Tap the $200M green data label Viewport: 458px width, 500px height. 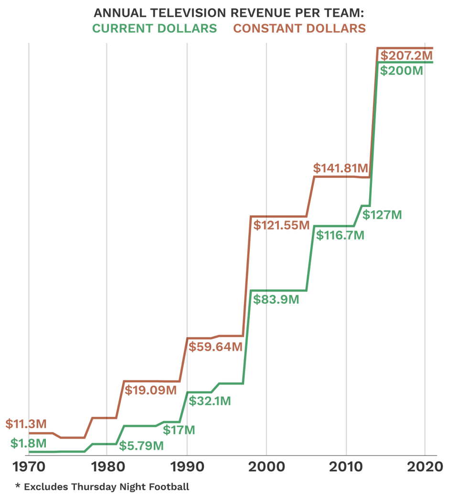[402, 71]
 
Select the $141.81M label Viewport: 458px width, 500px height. [341, 168]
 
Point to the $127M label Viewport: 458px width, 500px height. [382, 215]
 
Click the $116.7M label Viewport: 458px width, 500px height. [340, 235]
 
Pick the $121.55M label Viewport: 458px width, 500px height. [281, 225]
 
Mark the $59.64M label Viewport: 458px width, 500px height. [215, 347]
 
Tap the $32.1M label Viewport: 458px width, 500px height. [210, 401]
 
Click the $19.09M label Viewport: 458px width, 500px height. [150, 390]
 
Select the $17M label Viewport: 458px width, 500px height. [179, 430]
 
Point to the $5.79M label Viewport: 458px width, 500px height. [141, 446]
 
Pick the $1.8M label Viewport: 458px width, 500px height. [28, 443]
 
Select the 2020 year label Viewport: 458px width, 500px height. [425, 467]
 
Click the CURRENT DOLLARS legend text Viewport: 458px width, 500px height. [154, 29]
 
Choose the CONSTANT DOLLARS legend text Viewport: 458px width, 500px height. [299, 29]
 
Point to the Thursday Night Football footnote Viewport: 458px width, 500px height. [102, 487]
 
